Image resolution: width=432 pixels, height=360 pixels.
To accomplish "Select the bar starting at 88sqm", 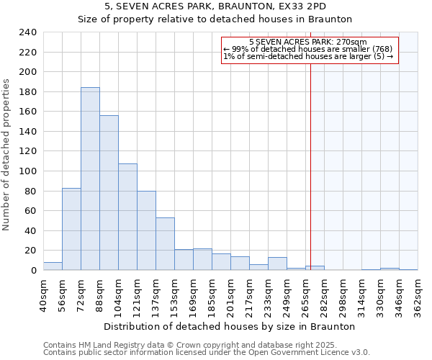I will pos(109,193).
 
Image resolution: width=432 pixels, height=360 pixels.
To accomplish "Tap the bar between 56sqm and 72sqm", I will pos(71,229).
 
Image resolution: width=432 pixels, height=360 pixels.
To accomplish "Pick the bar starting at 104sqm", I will pos(127,217).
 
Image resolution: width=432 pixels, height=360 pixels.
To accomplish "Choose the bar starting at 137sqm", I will pos(165,243).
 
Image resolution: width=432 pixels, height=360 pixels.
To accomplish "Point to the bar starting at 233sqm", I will pos(277,264).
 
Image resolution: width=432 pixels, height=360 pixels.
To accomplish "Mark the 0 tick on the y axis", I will pos(33,271).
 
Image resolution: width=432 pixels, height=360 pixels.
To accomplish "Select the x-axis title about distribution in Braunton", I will pos(230,326).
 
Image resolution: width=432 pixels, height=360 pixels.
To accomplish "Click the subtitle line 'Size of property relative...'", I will pos(215,19).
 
